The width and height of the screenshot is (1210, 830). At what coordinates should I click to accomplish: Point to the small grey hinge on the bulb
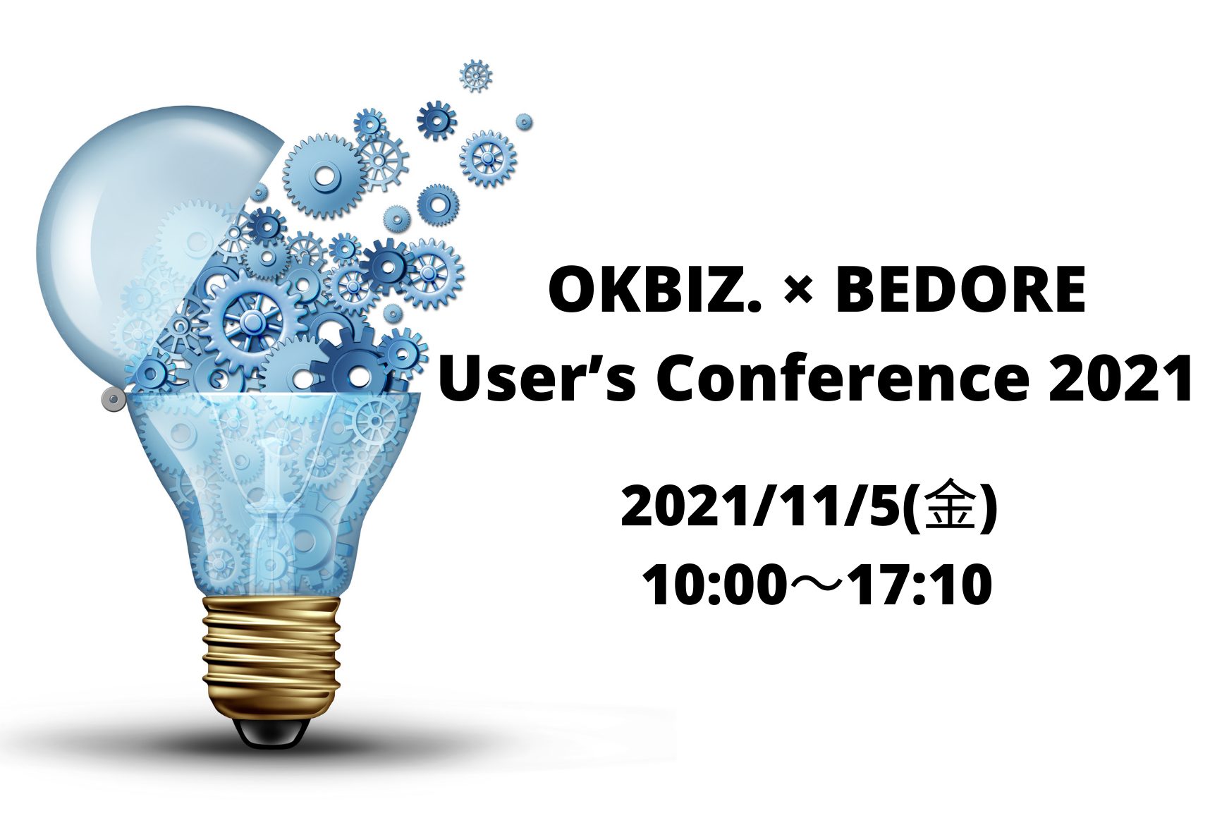(113, 400)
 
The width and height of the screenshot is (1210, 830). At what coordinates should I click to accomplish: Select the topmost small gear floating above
(476, 75)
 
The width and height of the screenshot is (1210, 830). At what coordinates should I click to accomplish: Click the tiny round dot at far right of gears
(524, 122)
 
